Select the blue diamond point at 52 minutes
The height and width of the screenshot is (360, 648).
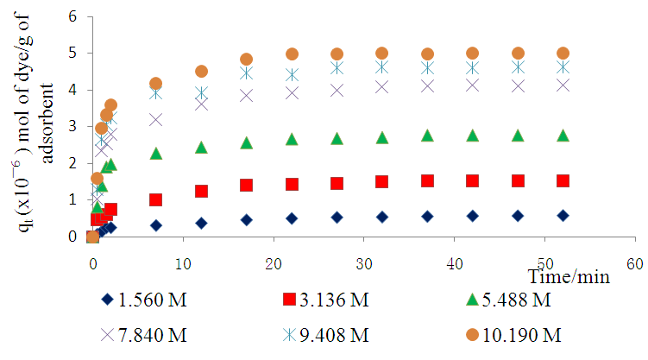point(563,215)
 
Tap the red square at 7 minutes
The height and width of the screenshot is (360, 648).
point(156,199)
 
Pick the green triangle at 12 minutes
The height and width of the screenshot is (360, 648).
point(201,148)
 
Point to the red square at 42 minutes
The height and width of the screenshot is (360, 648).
point(473,180)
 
